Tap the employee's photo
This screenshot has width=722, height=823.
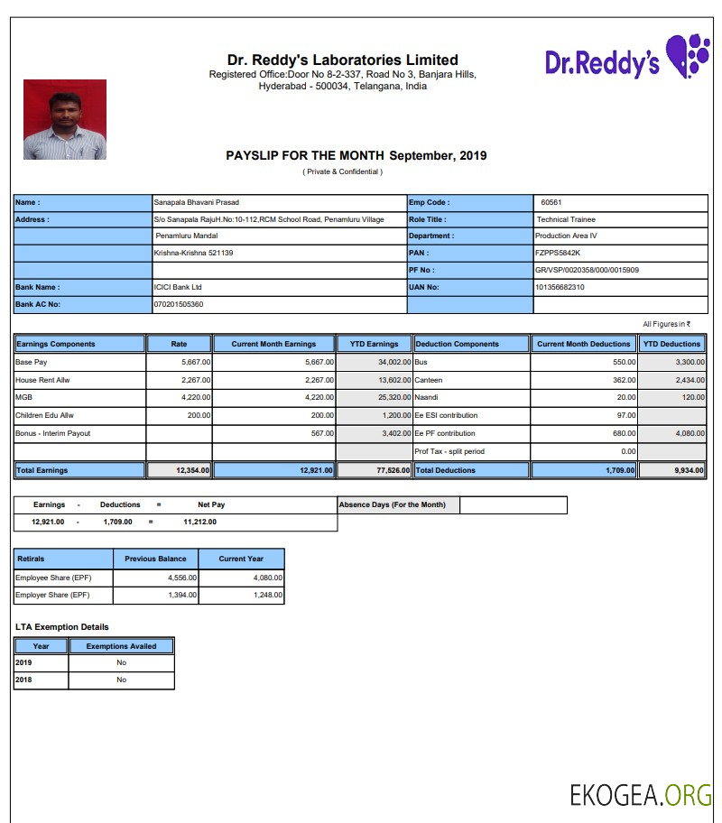[x=65, y=120]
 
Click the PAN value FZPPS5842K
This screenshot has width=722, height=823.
[x=558, y=254]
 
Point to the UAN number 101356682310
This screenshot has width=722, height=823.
[x=560, y=288]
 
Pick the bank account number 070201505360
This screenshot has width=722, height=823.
[x=179, y=305]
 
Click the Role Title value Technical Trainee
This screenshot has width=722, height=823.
[x=566, y=219]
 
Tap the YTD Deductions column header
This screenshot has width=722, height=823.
[x=671, y=344]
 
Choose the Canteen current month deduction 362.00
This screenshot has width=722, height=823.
[x=624, y=381]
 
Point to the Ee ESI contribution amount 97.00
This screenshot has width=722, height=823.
[x=625, y=416]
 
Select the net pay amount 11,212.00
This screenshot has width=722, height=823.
[x=199, y=522]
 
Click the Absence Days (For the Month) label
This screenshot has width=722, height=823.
[x=393, y=504]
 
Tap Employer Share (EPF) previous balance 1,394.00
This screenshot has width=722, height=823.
[x=182, y=596]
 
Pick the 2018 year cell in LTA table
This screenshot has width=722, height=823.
[x=23, y=680]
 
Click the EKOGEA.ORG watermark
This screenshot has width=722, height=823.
[x=640, y=795]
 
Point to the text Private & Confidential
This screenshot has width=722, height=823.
[x=342, y=171]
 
